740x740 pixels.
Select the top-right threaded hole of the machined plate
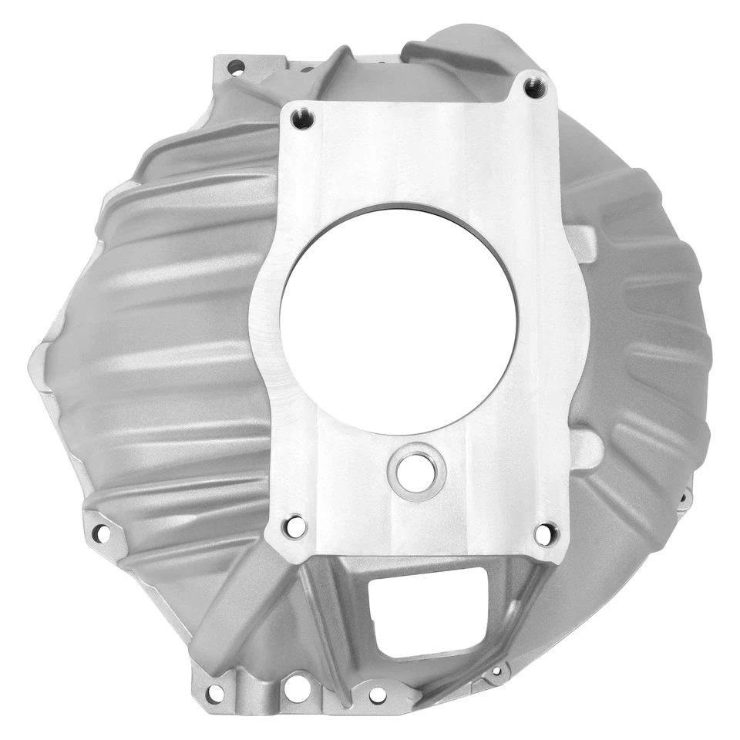click(x=534, y=86)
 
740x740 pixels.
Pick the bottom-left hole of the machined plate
click(x=294, y=526)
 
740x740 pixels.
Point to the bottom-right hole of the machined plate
click(x=545, y=533)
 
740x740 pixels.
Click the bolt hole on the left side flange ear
click(x=99, y=531)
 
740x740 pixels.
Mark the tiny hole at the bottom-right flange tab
click(x=496, y=672)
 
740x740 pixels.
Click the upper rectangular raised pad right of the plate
click(x=583, y=244)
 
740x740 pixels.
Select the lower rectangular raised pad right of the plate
click(x=587, y=449)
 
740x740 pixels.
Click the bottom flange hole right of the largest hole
click(x=377, y=695)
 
